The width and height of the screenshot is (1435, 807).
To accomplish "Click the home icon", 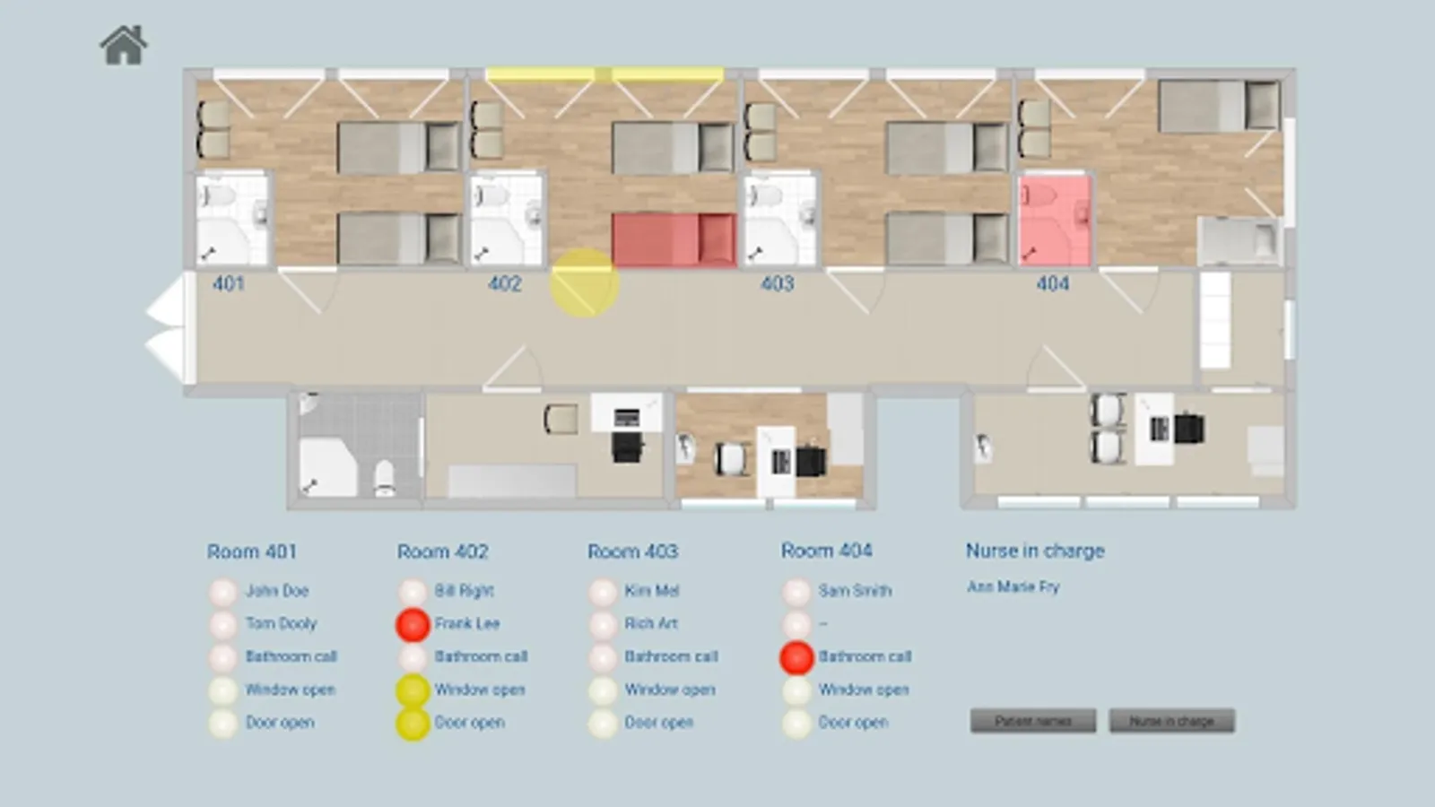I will (x=124, y=46).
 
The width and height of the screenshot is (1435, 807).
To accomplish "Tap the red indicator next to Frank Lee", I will (x=413, y=624).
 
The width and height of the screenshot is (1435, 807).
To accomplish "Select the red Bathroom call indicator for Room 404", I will (x=796, y=657).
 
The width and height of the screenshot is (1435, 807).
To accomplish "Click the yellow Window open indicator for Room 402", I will (x=413, y=690).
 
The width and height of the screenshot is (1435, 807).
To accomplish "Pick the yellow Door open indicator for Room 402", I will (x=413, y=724).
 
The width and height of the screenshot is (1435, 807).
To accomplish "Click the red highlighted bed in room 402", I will (x=673, y=239).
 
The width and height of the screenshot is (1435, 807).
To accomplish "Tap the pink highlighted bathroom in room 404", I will (x=1055, y=221).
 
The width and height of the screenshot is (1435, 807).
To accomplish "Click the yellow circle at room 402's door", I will (x=584, y=283).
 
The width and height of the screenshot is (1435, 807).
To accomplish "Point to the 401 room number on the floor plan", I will (x=228, y=284).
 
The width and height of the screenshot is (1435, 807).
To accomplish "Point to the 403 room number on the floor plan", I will (x=777, y=284).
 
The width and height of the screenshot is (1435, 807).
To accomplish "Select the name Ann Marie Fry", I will (x=1013, y=587).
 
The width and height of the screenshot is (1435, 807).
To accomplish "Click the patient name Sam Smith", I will (x=854, y=591).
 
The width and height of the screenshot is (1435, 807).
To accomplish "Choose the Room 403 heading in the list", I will (x=632, y=551).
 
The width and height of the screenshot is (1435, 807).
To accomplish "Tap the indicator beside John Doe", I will (x=222, y=592).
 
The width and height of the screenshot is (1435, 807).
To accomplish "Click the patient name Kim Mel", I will (x=651, y=591).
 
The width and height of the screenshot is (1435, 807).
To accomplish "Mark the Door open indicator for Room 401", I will (x=222, y=724).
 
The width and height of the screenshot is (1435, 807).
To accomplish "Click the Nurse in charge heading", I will (x=1035, y=551).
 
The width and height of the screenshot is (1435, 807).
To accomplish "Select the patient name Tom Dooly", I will (x=281, y=623).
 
